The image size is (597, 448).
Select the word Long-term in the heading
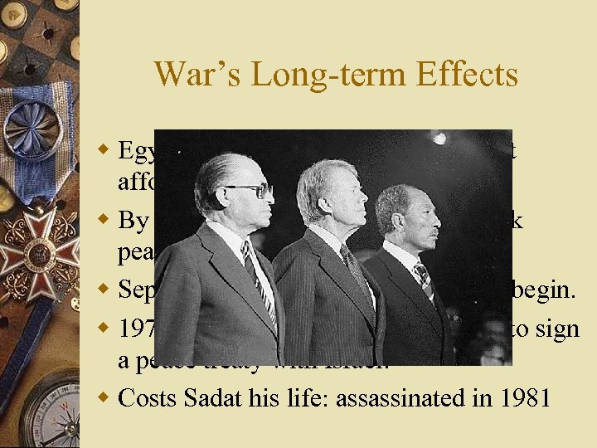click(318, 75)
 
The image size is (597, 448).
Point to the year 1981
click(524, 398)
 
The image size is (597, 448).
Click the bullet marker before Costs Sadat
click(104, 398)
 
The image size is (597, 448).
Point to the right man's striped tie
click(425, 278)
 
